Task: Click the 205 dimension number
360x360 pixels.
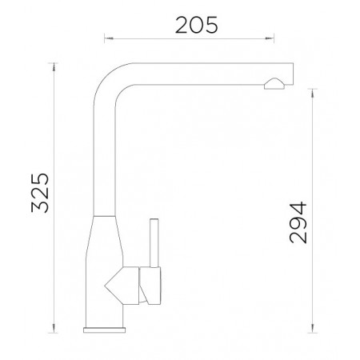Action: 196,25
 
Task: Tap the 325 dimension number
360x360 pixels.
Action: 40,193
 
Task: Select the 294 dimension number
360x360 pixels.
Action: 298,222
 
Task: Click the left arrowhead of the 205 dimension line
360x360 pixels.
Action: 109,38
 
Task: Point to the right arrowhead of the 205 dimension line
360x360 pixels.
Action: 270,38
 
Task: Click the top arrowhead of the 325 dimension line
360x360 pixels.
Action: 54,67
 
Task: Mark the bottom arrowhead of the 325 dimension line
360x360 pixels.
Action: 54,328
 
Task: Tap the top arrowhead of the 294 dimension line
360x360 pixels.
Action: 312,93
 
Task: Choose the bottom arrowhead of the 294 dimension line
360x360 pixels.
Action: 312,328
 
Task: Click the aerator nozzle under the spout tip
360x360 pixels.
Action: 274,84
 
